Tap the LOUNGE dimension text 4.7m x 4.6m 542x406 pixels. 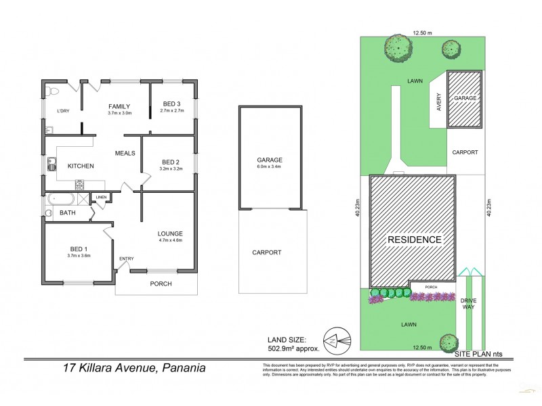(x=169, y=240)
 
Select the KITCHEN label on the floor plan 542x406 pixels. (x=80, y=166)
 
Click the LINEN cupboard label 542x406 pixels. (x=101, y=197)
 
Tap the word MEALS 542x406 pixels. (x=125, y=153)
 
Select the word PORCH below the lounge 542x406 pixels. (x=161, y=284)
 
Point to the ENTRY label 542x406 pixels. (x=127, y=259)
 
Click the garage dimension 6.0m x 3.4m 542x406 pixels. (x=269, y=166)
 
